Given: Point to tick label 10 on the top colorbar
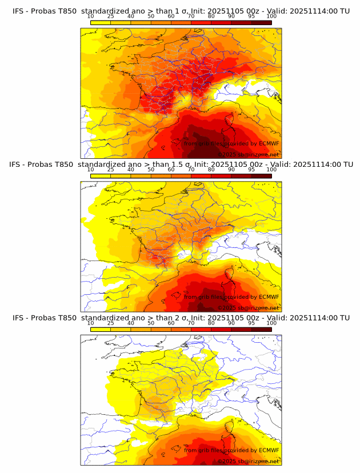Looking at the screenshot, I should point(91,16).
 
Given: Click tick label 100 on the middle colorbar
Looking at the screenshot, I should point(271,169).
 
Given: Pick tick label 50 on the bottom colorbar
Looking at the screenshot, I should point(151,323).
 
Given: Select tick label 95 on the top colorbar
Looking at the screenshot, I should point(251,16).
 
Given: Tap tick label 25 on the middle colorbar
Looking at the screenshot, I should point(111,169).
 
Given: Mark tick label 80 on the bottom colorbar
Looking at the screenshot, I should point(211,323).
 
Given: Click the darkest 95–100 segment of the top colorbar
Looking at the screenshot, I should point(261,22).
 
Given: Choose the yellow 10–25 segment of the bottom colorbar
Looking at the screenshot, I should point(101,329).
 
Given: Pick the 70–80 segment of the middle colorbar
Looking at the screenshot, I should point(201,175).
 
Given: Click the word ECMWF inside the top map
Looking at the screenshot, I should point(269,143).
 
